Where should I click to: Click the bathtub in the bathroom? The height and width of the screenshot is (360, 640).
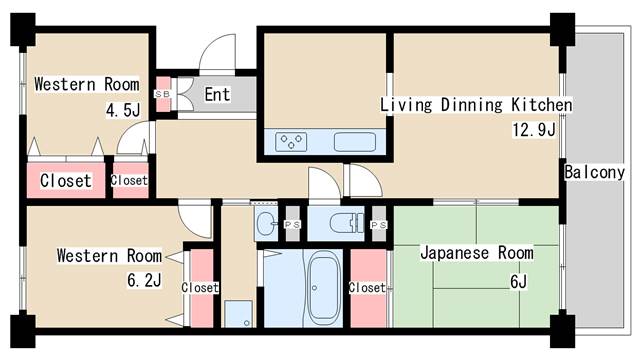point(324,288)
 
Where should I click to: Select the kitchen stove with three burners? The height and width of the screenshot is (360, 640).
point(291,142)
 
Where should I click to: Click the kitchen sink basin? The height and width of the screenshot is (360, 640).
point(355,142)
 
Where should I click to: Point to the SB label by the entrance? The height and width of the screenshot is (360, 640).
point(162,94)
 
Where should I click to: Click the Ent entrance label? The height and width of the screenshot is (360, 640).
point(217,94)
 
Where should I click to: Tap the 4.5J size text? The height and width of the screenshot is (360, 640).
point(123,110)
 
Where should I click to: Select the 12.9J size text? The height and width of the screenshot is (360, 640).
point(534,130)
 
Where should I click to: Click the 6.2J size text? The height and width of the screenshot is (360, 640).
point(144,280)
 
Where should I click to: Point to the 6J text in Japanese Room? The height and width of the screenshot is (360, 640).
point(518,282)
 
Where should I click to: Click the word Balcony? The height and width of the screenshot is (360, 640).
point(594,172)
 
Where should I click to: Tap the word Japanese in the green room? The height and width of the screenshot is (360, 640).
point(454,253)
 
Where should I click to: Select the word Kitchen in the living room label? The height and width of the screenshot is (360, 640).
point(542,105)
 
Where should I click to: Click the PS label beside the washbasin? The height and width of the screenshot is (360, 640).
point(292,224)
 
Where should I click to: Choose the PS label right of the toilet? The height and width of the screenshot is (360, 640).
point(378,224)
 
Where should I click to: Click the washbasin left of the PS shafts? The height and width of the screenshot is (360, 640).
point(266,223)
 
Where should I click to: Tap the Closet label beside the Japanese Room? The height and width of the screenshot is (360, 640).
point(367,288)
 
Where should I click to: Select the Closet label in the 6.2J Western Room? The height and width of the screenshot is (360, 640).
point(200,288)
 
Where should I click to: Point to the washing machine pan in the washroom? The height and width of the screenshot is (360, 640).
point(238,314)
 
